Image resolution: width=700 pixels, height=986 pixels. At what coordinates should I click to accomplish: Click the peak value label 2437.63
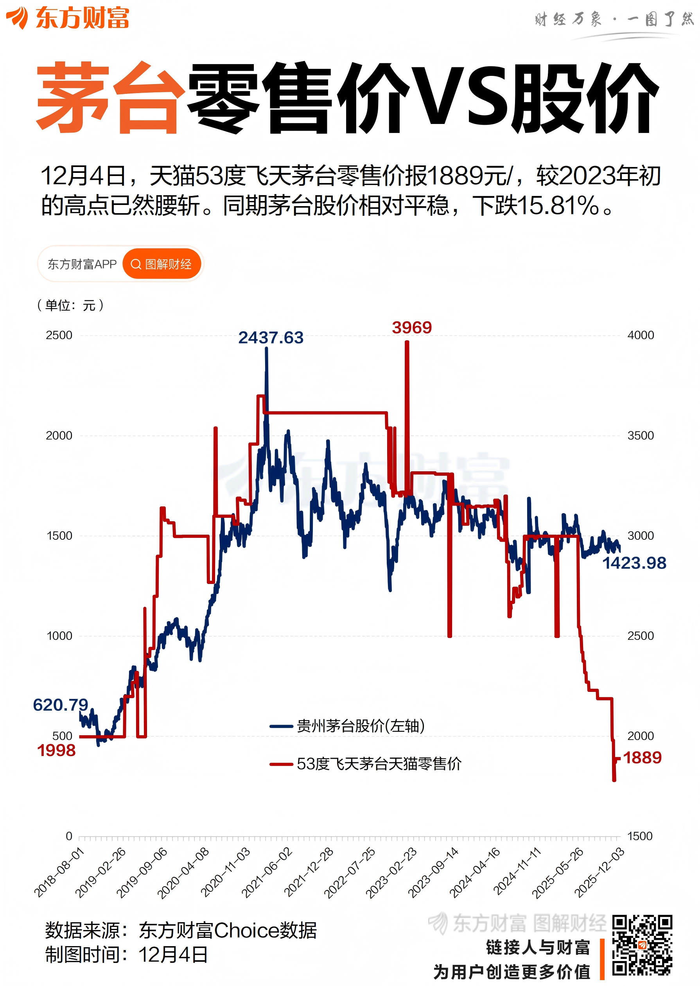[271, 338]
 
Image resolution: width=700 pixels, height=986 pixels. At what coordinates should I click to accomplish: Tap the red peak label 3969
[412, 327]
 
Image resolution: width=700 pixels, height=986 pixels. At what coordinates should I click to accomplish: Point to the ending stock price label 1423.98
[634, 563]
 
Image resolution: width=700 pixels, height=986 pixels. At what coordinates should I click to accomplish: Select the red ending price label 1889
[642, 758]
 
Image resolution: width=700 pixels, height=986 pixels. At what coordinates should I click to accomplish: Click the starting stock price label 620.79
[60, 705]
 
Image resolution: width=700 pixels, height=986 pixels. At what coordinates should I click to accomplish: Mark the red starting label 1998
[56, 751]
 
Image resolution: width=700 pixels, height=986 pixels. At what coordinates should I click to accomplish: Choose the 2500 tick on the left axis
[59, 335]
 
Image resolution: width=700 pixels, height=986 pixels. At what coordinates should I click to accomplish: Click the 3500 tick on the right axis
[641, 435]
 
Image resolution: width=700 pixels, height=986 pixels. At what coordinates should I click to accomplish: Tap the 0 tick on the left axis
[69, 836]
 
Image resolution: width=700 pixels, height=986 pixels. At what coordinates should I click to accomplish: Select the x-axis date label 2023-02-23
[391, 873]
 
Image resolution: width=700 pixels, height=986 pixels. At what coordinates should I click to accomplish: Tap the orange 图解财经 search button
[162, 264]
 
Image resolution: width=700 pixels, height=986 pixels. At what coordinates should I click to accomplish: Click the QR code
[642, 945]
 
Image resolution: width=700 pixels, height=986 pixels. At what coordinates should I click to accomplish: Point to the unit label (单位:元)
[70, 305]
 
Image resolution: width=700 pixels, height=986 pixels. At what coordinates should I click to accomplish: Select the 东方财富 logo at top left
[68, 18]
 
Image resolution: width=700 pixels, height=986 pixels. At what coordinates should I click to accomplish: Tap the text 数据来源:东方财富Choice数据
[181, 930]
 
